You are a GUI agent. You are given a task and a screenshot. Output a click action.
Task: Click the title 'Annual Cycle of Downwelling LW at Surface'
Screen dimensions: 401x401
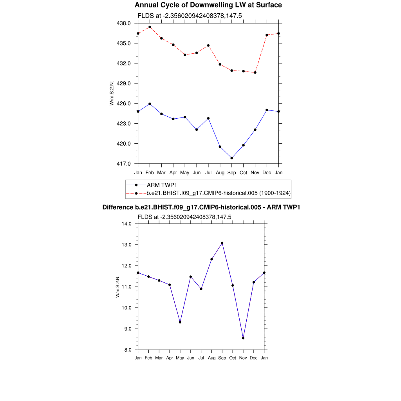(x=208, y=5)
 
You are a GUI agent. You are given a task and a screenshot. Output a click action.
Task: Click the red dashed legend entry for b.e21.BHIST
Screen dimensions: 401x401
(x=219, y=193)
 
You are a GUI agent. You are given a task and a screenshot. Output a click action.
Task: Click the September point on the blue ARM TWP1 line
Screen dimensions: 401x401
(x=232, y=158)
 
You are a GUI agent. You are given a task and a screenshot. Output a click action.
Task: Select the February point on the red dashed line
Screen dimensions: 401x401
(x=150, y=27)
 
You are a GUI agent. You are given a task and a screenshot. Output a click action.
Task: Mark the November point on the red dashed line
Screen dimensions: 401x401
(x=255, y=72)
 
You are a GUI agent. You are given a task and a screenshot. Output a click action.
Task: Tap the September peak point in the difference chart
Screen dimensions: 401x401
(x=222, y=243)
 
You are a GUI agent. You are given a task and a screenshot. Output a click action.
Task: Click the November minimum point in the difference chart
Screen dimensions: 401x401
(x=243, y=338)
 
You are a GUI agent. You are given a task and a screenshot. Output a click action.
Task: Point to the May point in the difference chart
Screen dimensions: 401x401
(x=180, y=322)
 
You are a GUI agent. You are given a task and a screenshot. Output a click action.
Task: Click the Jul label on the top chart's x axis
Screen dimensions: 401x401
(x=208, y=172)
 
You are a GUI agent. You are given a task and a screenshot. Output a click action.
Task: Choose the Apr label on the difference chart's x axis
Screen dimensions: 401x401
(x=170, y=358)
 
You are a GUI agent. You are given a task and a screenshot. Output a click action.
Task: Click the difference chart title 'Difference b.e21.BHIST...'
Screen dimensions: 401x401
(x=201, y=207)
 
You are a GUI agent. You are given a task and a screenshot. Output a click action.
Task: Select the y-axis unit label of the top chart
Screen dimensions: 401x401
(x=112, y=93)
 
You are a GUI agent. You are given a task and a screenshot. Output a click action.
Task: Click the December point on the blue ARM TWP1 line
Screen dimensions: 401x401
(x=267, y=110)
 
